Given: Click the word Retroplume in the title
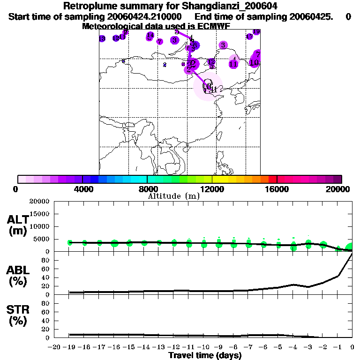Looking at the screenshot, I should (87, 7).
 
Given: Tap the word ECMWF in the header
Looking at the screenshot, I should (213, 26).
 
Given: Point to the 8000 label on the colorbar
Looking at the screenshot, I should (147, 189).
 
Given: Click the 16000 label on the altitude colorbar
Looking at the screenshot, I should (277, 189).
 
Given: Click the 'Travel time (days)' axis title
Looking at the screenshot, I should (205, 355).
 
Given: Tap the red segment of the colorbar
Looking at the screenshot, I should (272, 179).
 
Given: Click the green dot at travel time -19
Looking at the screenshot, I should (70, 242).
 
